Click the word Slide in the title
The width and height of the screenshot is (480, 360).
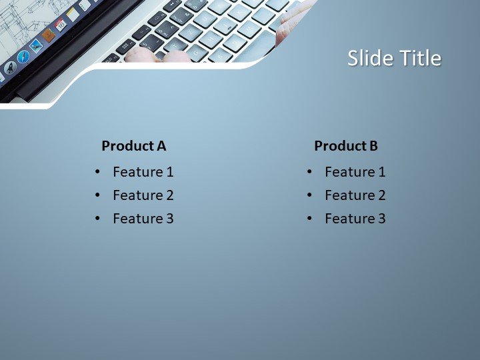coord(371,59)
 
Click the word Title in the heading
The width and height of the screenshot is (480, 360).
coord(420,59)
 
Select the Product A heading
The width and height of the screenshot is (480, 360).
coord(133,146)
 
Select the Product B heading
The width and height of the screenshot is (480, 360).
coord(346,146)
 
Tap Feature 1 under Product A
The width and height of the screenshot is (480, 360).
coord(143,172)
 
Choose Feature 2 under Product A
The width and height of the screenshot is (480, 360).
coord(143,195)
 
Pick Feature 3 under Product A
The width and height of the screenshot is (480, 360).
coord(143,219)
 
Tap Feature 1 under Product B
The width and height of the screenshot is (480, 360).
coord(355,172)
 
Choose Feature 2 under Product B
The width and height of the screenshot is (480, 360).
coord(355,195)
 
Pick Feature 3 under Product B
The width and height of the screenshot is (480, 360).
coord(355,219)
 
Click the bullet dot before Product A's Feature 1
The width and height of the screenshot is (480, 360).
coord(98,172)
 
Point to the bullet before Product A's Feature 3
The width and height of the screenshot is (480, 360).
coord(98,219)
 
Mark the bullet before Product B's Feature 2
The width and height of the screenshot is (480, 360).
coord(310,195)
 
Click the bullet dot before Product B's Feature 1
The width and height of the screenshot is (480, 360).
coord(310,172)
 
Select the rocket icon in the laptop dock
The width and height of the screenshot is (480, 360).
coord(10,67)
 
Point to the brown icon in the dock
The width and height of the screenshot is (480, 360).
coord(48,35)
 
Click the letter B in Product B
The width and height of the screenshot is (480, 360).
coord(373,146)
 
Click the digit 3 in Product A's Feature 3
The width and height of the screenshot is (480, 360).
coord(170,219)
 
